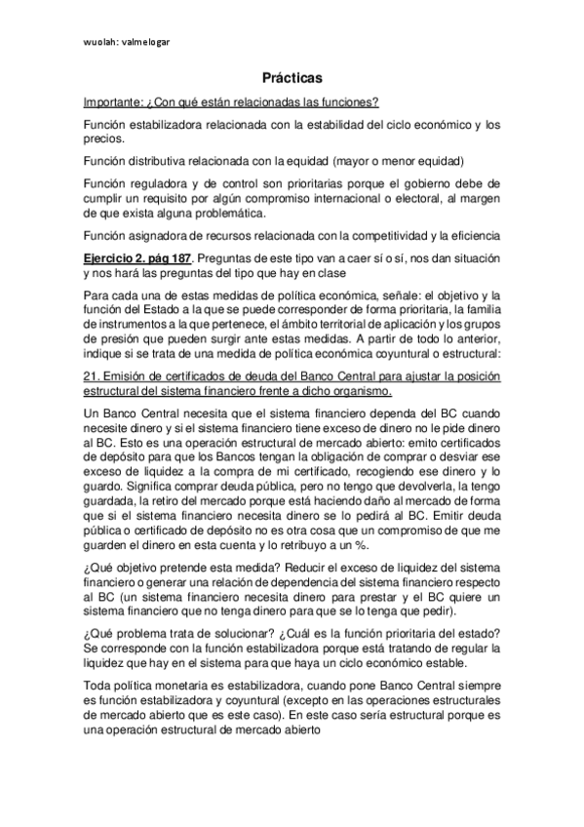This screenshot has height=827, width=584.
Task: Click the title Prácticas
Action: pyautogui.click(x=292, y=76)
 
